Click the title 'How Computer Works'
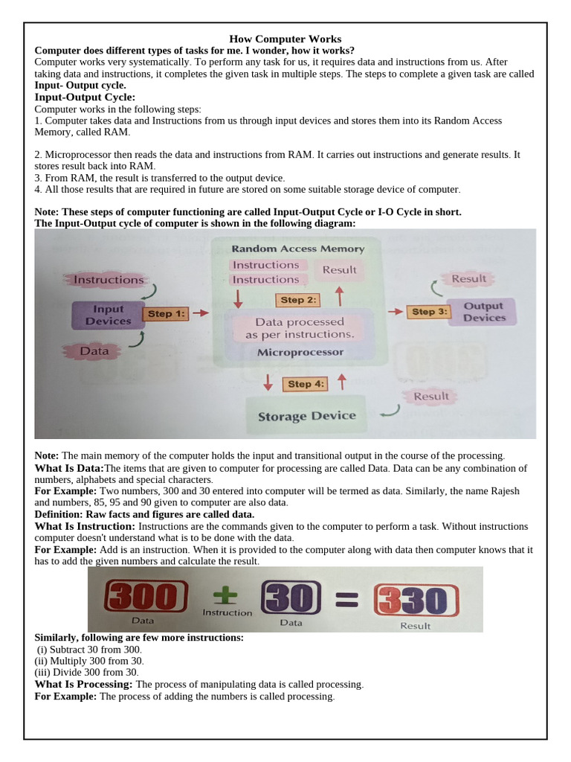pos(285,39)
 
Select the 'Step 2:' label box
pos(299,300)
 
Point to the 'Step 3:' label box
pos(429,312)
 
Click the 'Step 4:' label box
pos(305,384)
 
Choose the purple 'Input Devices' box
pos(108,315)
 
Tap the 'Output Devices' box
pos(483,312)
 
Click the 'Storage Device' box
pos(306,416)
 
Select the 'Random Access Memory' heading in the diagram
pos(298,249)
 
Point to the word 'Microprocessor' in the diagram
pos(300,352)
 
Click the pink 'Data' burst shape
pos(94,350)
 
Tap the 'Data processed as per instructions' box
pos(300,328)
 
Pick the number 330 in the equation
pos(416,598)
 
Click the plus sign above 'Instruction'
pos(226,593)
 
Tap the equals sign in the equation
pos(348,597)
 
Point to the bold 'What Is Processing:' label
pos(84,684)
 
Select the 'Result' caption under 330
pos(415,626)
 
